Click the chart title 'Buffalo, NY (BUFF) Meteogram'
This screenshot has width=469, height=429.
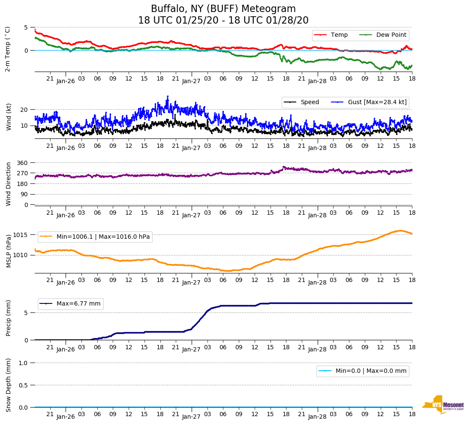(223, 9)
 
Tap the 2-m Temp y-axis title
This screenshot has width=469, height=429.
(7, 49)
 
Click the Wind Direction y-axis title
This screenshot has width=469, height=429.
(8, 183)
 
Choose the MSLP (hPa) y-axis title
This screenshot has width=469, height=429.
(9, 251)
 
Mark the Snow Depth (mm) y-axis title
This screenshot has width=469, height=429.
(9, 384)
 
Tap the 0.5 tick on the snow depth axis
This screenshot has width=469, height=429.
(24, 385)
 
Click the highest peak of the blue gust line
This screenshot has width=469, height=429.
(168, 96)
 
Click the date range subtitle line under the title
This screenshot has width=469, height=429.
(223, 21)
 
